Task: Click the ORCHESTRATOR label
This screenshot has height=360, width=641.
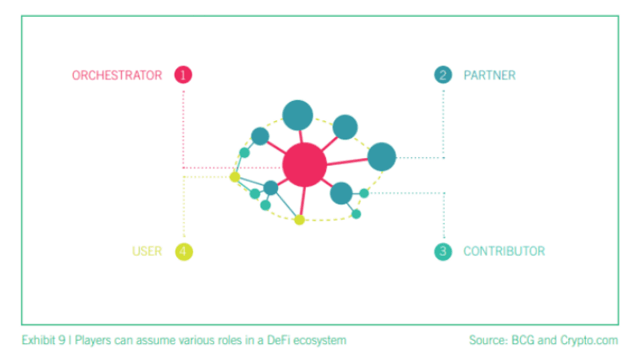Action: click(x=117, y=75)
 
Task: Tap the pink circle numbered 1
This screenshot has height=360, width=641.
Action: click(x=183, y=75)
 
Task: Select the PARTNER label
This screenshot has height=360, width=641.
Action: click(x=490, y=75)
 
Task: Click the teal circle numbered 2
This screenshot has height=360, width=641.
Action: click(x=443, y=75)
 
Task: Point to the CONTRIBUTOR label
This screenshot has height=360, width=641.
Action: click(x=504, y=251)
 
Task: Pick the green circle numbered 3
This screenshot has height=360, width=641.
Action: click(x=443, y=252)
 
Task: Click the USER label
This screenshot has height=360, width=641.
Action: click(x=147, y=251)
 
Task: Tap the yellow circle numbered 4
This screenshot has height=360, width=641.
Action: click(x=184, y=252)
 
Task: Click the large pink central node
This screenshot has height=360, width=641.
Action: click(x=304, y=165)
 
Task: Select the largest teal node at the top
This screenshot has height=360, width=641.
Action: click(x=297, y=115)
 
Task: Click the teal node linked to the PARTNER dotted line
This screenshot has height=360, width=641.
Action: click(x=382, y=156)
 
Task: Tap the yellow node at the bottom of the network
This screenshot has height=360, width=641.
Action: click(x=300, y=220)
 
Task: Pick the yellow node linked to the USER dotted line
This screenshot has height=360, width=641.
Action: click(x=235, y=176)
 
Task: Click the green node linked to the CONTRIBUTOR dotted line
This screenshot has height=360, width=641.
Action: click(x=365, y=193)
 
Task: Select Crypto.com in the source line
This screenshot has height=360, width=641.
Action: click(x=589, y=341)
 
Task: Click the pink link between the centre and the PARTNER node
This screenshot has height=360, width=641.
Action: click(x=347, y=162)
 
